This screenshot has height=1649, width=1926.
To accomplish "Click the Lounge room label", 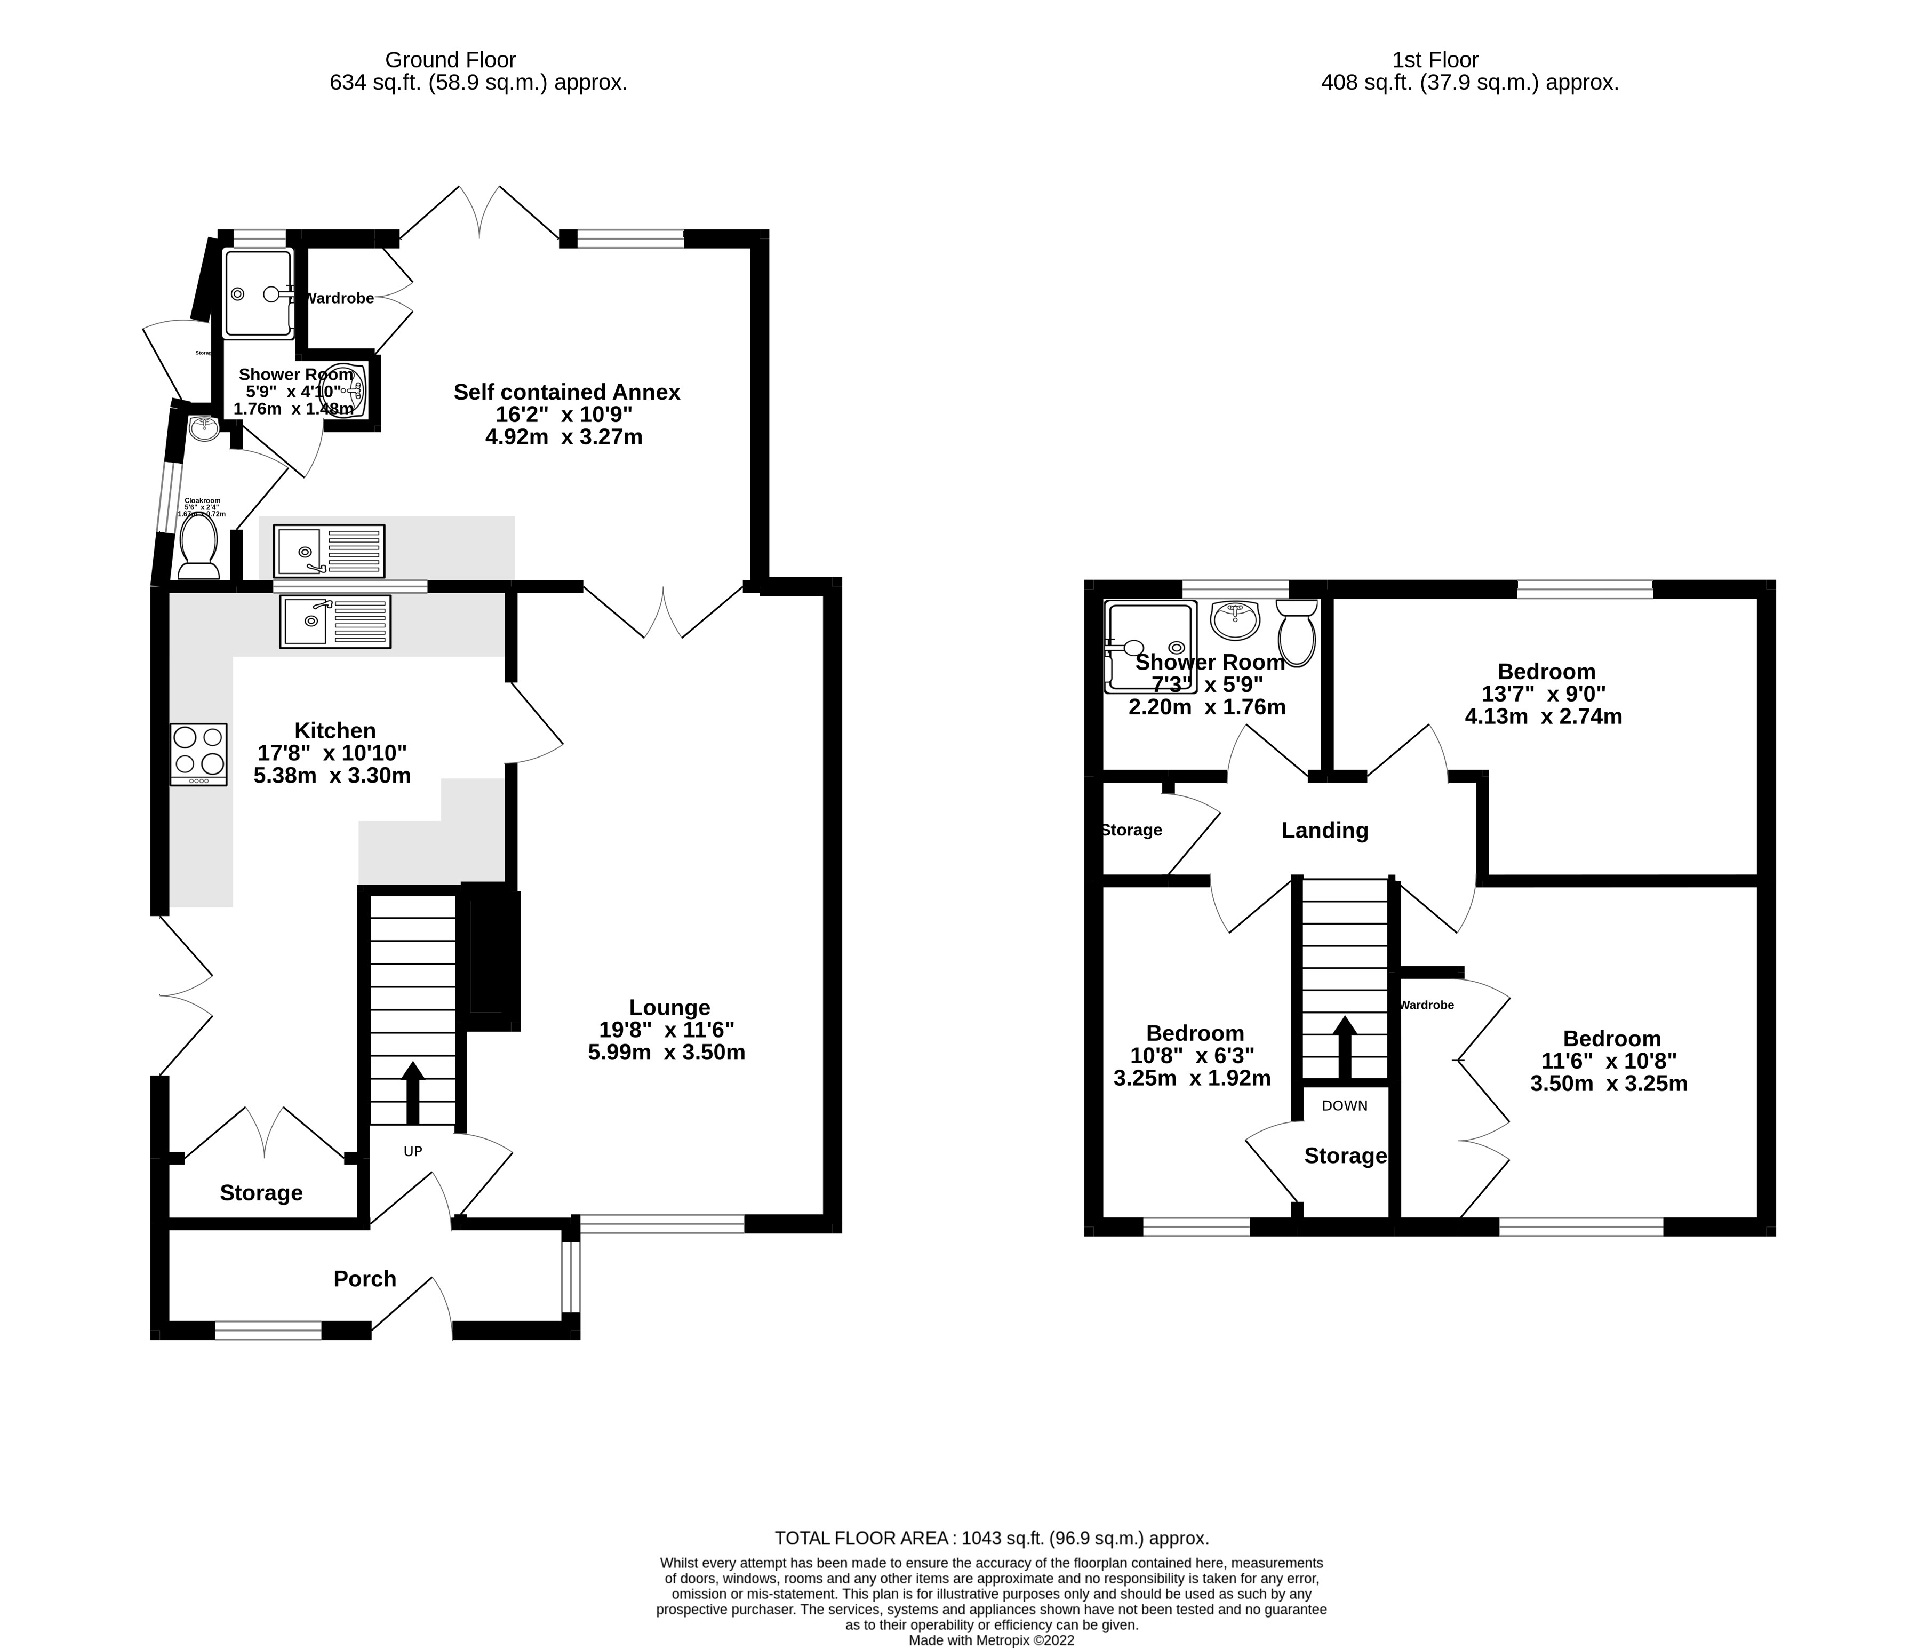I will tap(669, 1008).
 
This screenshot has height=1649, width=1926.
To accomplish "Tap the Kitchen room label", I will tap(334, 731).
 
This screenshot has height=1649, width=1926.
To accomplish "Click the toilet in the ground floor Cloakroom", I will tap(198, 547).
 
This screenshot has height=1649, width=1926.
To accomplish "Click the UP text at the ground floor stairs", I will tap(413, 1152).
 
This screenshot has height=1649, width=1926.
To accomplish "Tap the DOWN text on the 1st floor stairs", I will tap(1344, 1106).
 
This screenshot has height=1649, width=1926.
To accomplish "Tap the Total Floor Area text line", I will tap(992, 1539).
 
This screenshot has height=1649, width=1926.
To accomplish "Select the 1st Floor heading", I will tap(1435, 60).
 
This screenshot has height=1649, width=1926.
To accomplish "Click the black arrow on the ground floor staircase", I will tap(413, 1092).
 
